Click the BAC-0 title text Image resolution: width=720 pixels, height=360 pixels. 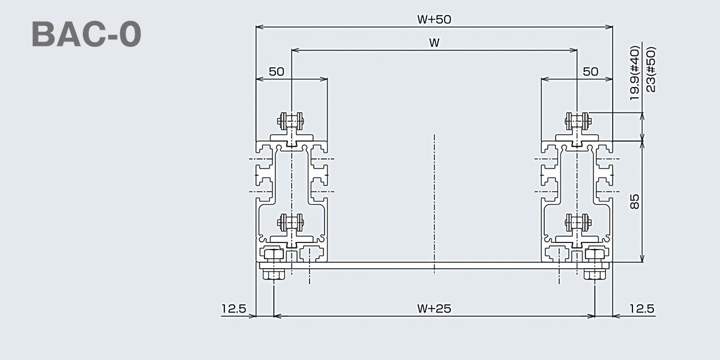point(86,34)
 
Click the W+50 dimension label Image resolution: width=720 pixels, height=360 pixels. point(434,20)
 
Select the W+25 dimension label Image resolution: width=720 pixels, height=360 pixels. point(434,308)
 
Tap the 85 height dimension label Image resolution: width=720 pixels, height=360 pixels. point(635,202)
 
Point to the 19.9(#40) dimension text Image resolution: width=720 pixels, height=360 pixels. point(635,73)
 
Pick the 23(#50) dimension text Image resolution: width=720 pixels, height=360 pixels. point(650,70)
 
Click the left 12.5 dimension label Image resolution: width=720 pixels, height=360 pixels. point(233,309)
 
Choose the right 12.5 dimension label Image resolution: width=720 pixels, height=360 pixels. point(642,309)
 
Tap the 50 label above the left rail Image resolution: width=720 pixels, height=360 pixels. point(277,71)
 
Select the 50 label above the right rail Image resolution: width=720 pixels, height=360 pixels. point(590,71)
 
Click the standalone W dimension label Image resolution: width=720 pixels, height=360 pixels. point(434,43)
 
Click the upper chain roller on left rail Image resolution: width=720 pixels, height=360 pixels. point(291,121)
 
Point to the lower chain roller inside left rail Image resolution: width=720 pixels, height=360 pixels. point(291,222)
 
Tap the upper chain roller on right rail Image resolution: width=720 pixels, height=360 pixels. point(578,121)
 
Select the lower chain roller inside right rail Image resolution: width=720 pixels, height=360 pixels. point(578,222)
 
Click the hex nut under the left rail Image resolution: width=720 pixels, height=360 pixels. point(274,274)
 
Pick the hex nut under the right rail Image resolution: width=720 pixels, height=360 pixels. point(595,274)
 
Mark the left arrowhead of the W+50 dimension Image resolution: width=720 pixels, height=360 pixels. point(259,27)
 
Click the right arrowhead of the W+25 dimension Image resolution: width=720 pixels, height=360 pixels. point(591,316)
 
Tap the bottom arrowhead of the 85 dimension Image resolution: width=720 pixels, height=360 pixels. point(642,259)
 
